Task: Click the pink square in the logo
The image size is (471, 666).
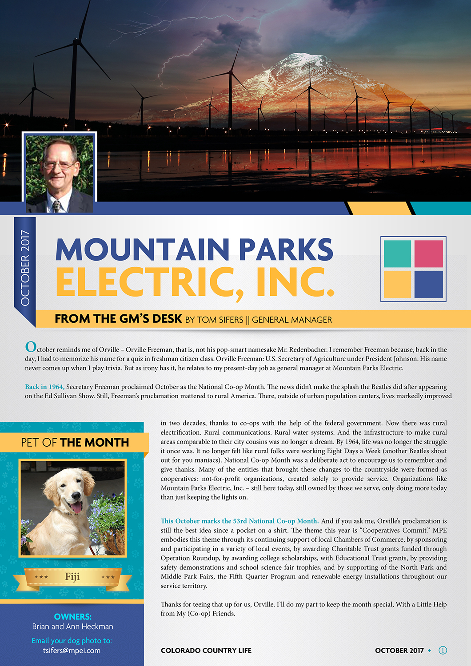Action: (x=428, y=254)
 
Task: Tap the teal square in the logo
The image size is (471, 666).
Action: (x=397, y=254)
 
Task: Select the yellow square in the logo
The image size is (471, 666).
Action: (x=397, y=284)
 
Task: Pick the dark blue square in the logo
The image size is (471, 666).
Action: (x=428, y=284)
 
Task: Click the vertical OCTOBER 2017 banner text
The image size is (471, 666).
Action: (x=25, y=268)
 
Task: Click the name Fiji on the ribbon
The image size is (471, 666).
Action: (x=72, y=576)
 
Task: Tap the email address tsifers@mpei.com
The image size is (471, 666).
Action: (x=72, y=650)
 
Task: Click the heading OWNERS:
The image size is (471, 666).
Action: (x=72, y=617)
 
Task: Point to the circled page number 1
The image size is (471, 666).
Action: (x=443, y=650)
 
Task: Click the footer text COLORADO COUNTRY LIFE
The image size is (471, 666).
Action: (x=206, y=650)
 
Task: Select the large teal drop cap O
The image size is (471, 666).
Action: (x=31, y=347)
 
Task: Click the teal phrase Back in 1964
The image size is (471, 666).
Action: (x=44, y=387)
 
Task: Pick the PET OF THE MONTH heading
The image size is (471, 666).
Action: (x=75, y=442)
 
